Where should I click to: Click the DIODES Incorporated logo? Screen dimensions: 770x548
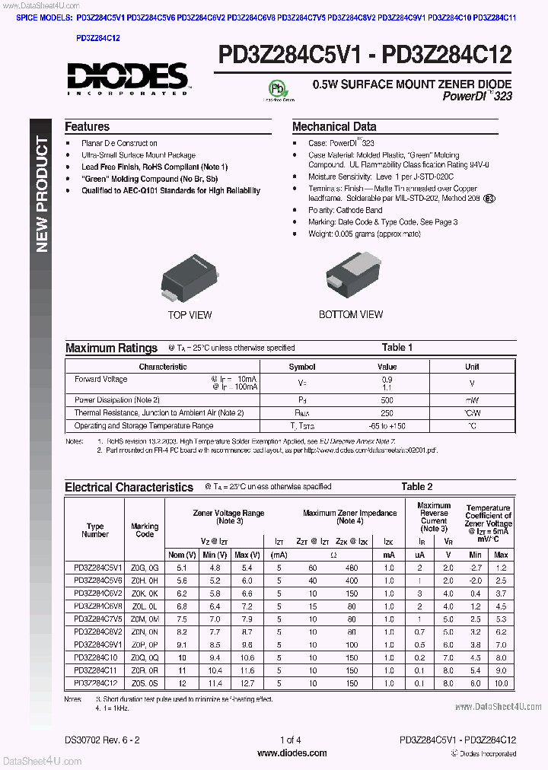(x=126, y=78)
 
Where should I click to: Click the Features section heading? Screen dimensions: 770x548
(x=87, y=127)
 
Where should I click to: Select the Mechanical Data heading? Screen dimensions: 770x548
(x=334, y=127)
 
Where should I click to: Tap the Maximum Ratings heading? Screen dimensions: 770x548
(x=111, y=348)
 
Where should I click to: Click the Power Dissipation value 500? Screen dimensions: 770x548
(x=387, y=399)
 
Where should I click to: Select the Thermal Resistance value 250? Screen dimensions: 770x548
(x=387, y=412)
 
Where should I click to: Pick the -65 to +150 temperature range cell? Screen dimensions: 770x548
(x=387, y=426)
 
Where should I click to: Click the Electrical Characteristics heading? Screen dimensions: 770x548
(x=129, y=487)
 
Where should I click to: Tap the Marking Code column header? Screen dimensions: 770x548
(x=145, y=530)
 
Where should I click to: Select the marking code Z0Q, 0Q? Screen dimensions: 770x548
(x=145, y=657)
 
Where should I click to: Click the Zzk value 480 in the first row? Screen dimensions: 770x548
(x=351, y=568)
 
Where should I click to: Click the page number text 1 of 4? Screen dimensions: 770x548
(x=291, y=740)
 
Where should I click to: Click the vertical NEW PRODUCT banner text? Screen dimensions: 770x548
(x=42, y=195)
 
